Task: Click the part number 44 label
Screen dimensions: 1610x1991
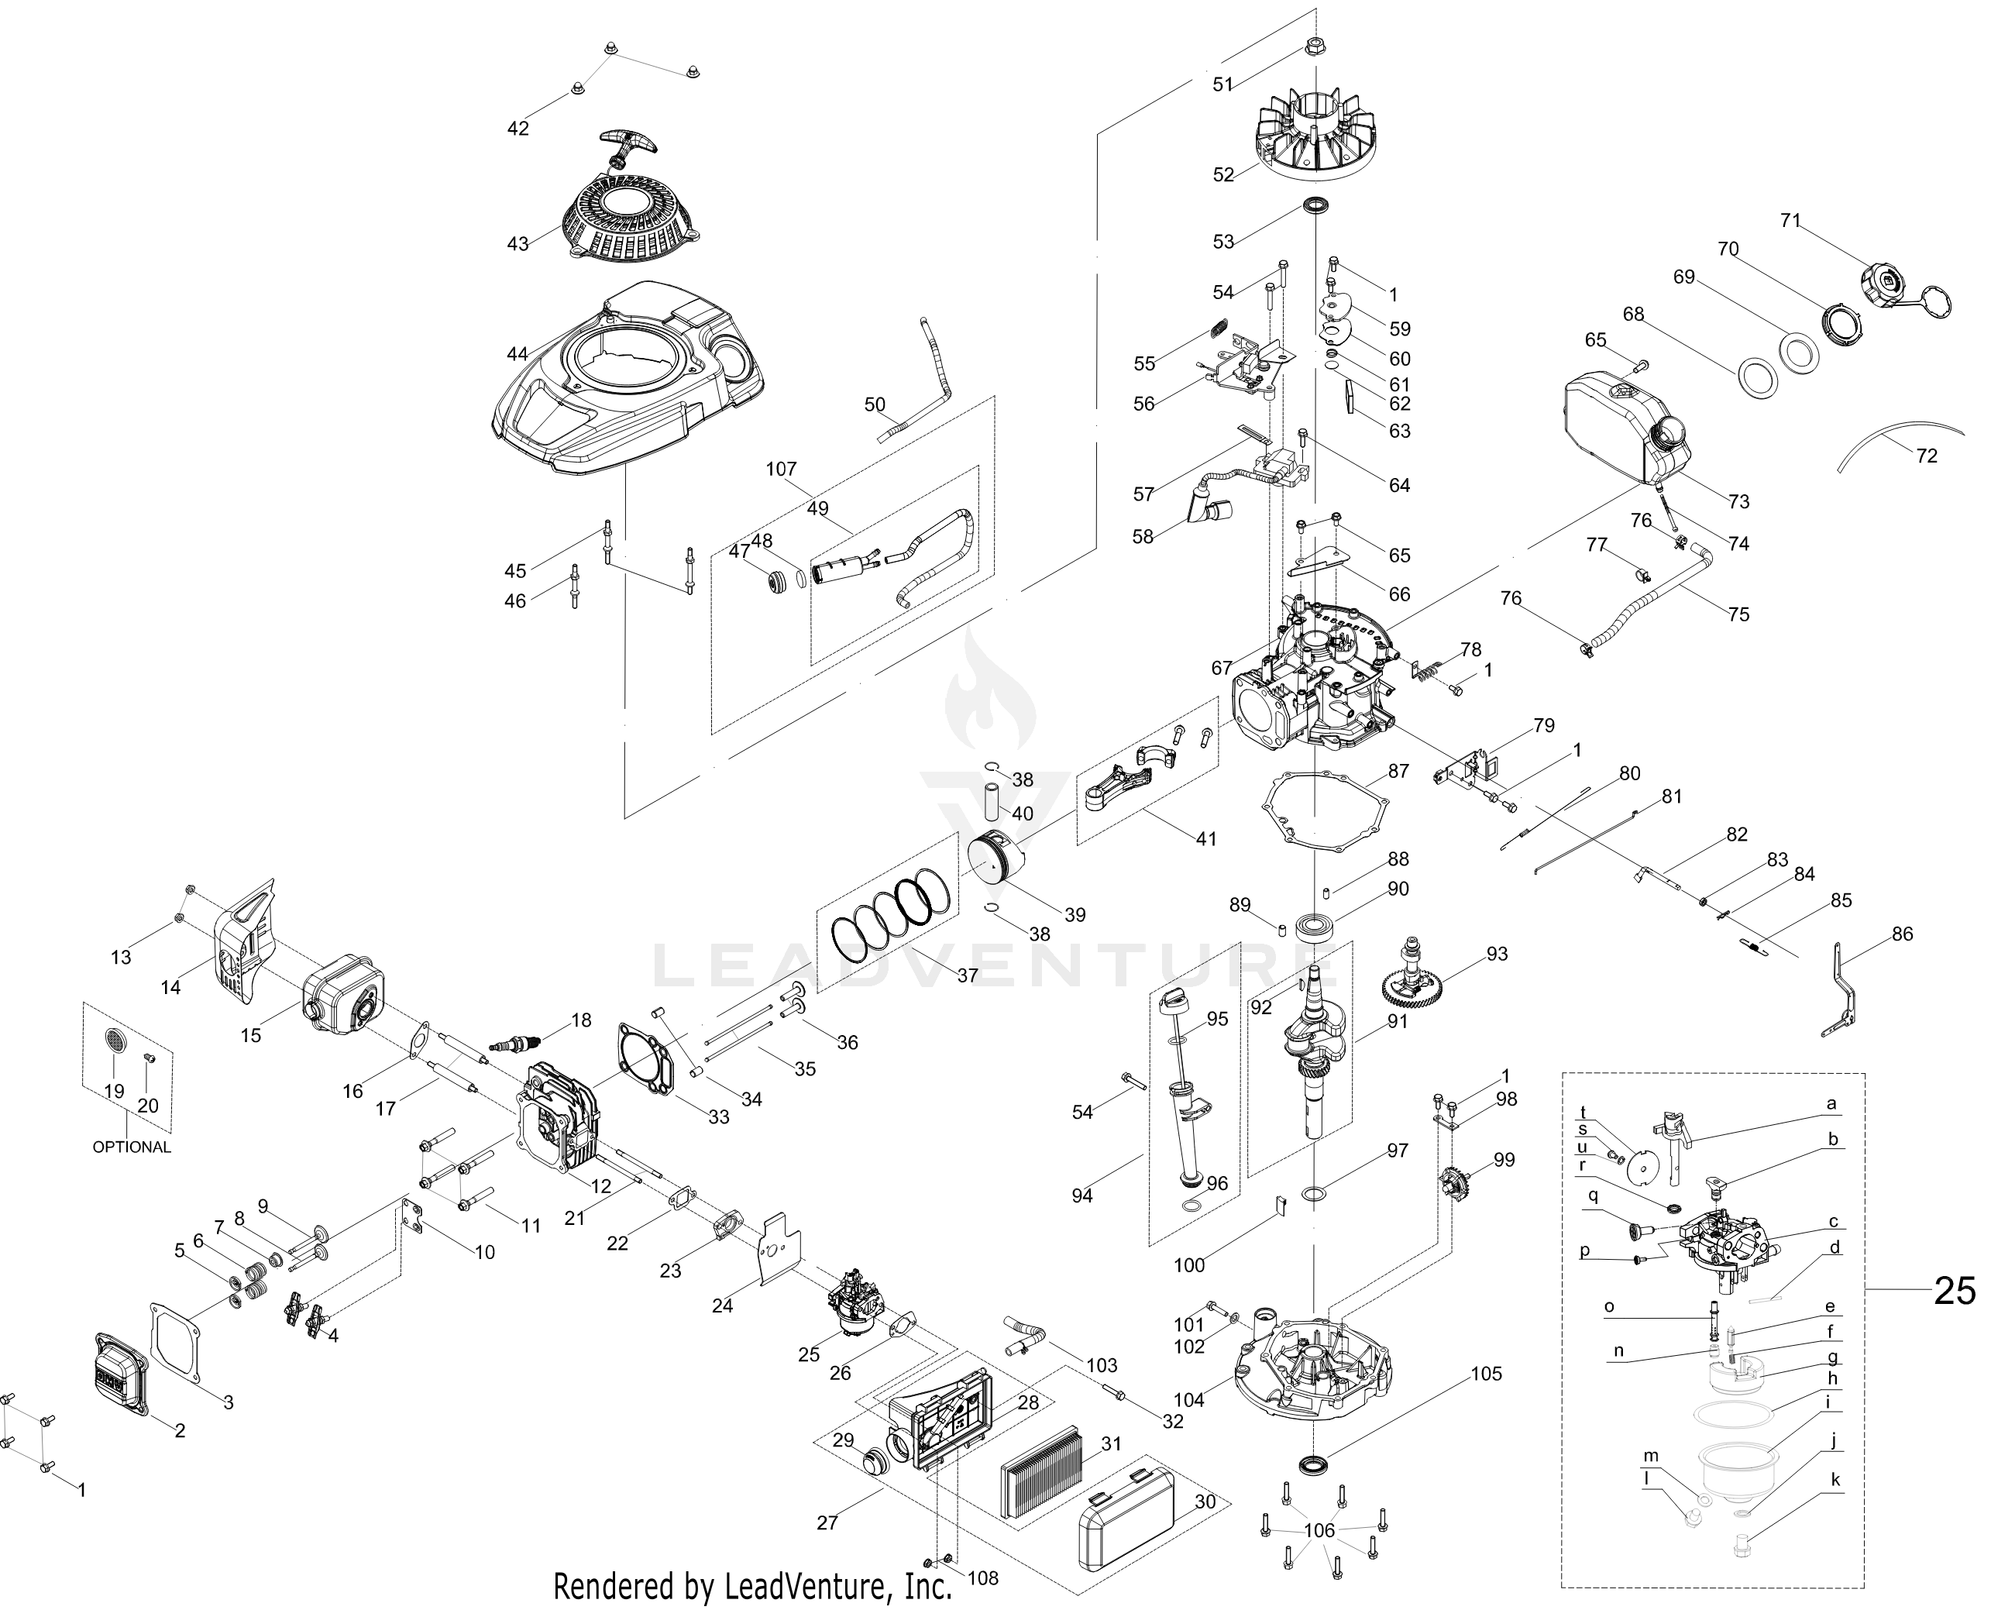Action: point(518,353)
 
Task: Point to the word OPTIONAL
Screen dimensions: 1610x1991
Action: point(132,1147)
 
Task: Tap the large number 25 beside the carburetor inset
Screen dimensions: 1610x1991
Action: point(1954,1290)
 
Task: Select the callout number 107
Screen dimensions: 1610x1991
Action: point(781,470)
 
